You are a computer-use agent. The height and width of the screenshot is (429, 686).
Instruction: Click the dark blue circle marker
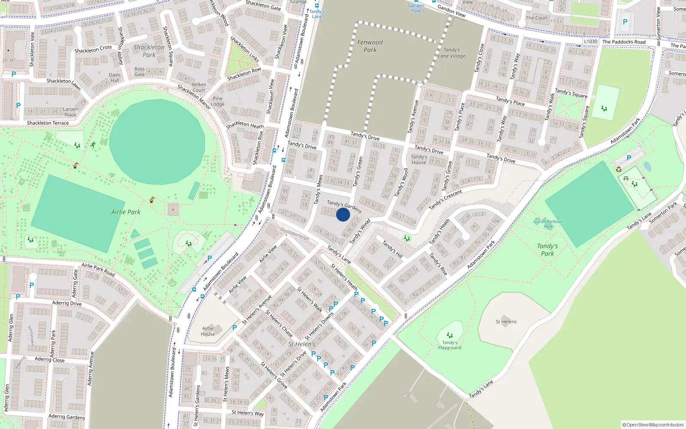click(x=343, y=214)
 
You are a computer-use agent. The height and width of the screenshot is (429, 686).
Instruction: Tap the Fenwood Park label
click(x=370, y=46)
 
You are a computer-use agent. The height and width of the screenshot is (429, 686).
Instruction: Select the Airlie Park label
click(x=126, y=212)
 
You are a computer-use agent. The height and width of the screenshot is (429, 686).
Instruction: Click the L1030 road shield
click(x=590, y=42)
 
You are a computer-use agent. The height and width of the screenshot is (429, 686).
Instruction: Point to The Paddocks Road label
click(x=624, y=42)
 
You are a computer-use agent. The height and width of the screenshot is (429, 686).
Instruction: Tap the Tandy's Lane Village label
click(x=451, y=53)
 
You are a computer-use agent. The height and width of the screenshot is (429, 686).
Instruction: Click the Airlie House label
click(x=208, y=331)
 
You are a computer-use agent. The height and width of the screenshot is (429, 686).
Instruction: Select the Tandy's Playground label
click(x=450, y=345)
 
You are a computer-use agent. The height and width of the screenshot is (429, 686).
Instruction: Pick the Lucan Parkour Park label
click(x=548, y=224)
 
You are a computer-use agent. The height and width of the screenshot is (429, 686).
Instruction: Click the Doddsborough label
click(x=295, y=233)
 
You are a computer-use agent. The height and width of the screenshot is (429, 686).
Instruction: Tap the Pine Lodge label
click(x=217, y=101)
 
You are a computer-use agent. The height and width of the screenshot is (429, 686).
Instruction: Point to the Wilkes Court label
click(x=199, y=87)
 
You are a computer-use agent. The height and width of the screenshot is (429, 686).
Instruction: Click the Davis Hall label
click(x=115, y=78)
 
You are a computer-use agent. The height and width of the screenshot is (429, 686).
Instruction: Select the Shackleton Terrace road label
click(x=48, y=123)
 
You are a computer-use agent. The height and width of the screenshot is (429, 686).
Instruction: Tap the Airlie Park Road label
click(x=98, y=269)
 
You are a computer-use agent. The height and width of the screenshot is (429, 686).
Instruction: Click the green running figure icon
click(x=93, y=145)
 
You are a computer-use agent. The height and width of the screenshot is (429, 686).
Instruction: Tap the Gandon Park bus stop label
click(x=416, y=8)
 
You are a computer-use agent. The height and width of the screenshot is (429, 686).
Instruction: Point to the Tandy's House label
click(x=419, y=160)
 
